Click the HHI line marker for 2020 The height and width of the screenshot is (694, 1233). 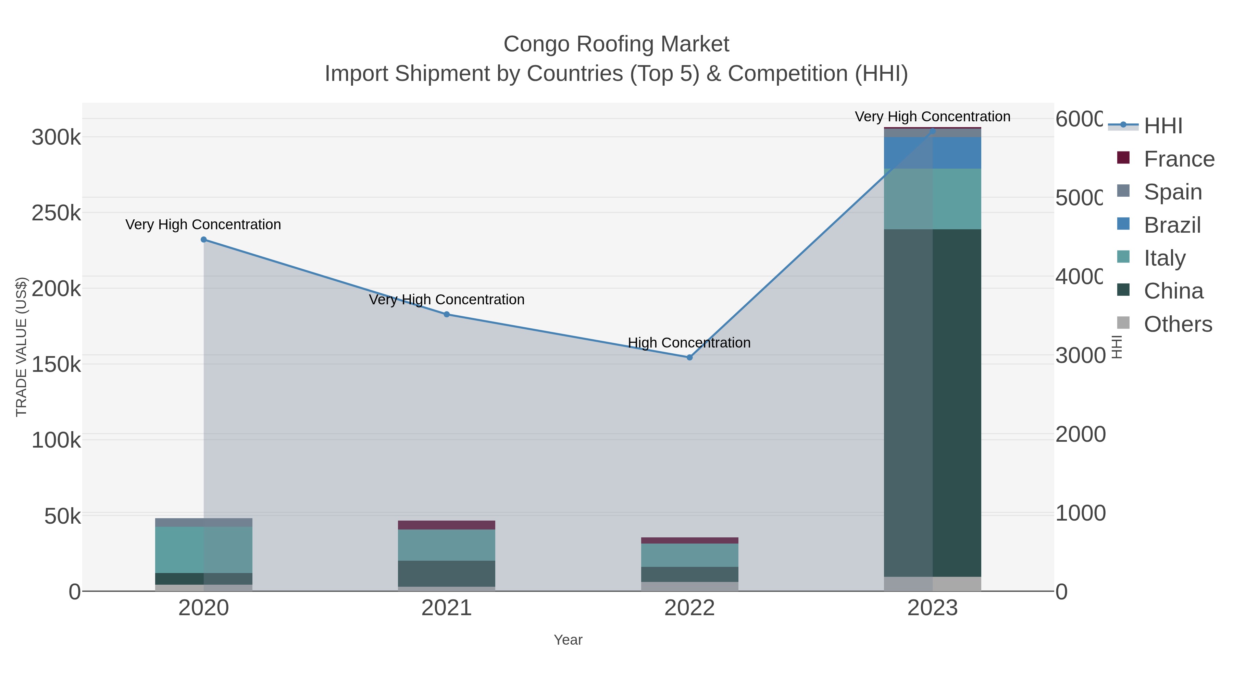coord(203,240)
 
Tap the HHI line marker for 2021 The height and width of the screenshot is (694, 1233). coord(447,314)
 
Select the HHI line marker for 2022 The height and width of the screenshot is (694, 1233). coord(689,357)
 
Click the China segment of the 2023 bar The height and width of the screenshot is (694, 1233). coord(932,402)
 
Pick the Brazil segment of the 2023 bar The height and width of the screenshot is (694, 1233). coord(932,152)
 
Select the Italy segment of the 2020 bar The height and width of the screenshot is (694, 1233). coord(203,549)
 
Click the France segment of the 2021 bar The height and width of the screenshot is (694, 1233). coord(447,525)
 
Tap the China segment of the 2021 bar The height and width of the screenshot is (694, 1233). coord(447,573)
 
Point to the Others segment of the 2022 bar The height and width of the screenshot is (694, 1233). coord(689,586)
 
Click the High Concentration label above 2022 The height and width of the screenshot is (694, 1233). coord(689,343)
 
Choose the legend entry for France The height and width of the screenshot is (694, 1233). coord(1179,159)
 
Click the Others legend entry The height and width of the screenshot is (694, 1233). coord(1178,324)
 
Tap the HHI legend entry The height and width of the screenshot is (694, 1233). coord(1163,126)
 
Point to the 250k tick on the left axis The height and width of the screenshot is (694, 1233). coord(56,213)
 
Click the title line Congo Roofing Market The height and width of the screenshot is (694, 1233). coord(616,44)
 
